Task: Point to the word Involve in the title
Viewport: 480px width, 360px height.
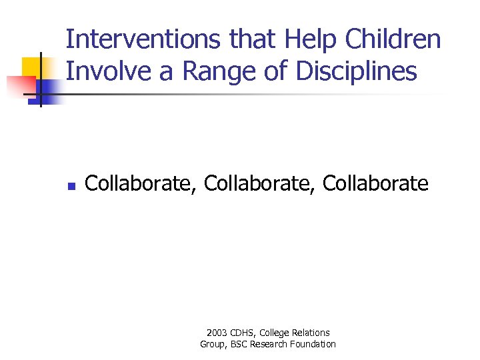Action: tap(107, 71)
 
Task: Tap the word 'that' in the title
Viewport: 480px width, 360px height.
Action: tap(253, 40)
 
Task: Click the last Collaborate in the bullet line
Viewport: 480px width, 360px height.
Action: tap(375, 183)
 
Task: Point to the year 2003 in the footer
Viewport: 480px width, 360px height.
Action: tap(217, 333)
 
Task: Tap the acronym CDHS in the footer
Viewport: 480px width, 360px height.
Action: tap(243, 333)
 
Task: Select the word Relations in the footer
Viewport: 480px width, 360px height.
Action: tap(312, 333)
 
